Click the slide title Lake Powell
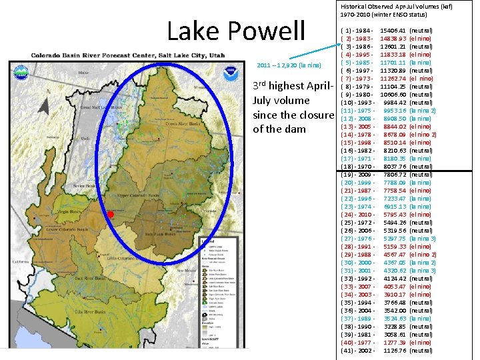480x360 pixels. tap(236, 31)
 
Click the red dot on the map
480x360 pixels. tap(111, 215)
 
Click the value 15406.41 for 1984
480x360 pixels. tap(393, 31)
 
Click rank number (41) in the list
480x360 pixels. tap(348, 351)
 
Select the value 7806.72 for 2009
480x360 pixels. tap(393, 175)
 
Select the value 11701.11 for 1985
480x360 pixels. tap(393, 63)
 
